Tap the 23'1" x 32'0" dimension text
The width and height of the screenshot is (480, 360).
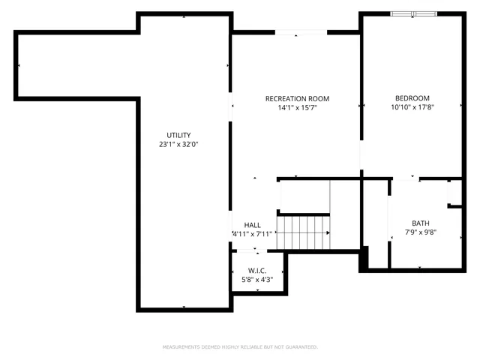[x=178, y=144]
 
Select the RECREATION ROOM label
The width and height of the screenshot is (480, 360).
[x=297, y=99]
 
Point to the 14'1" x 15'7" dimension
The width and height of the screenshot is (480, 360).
[x=297, y=108]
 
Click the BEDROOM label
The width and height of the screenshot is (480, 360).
[x=412, y=98]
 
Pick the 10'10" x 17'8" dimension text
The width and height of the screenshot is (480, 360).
[x=412, y=107]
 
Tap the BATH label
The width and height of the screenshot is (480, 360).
[x=420, y=223]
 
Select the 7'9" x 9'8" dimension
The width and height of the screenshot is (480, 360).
[x=420, y=232]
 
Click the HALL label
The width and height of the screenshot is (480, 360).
[x=252, y=225]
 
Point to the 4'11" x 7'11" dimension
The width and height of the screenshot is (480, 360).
[x=252, y=234]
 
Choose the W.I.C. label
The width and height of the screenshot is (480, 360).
[x=257, y=270]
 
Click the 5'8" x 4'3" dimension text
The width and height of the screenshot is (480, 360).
[x=257, y=279]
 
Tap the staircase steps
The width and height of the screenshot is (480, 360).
[x=303, y=232]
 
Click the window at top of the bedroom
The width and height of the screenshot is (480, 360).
[x=412, y=13]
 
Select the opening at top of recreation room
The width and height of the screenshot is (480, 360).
[x=300, y=32]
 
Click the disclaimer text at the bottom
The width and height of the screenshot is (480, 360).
[x=240, y=346]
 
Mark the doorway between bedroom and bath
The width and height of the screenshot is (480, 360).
[x=405, y=178]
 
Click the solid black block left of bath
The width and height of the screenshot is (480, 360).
[x=364, y=259]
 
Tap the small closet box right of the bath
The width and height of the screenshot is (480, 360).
[x=454, y=193]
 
